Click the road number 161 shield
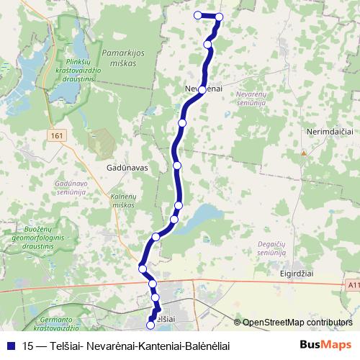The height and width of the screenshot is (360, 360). pos(58,135)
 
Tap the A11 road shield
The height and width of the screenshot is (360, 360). pos(352,286)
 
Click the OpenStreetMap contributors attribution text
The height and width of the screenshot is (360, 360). pos(297,323)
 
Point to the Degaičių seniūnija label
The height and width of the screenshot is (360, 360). pos(272,248)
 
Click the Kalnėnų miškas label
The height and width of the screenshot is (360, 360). pos(123,201)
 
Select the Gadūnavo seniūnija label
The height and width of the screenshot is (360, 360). pos(71,188)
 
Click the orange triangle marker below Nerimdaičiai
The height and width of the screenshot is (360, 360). pos(304,153)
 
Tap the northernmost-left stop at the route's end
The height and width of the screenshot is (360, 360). pos(197,15)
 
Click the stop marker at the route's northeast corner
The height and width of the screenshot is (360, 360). pos(219,17)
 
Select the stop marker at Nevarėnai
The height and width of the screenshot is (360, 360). pos(202,89)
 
